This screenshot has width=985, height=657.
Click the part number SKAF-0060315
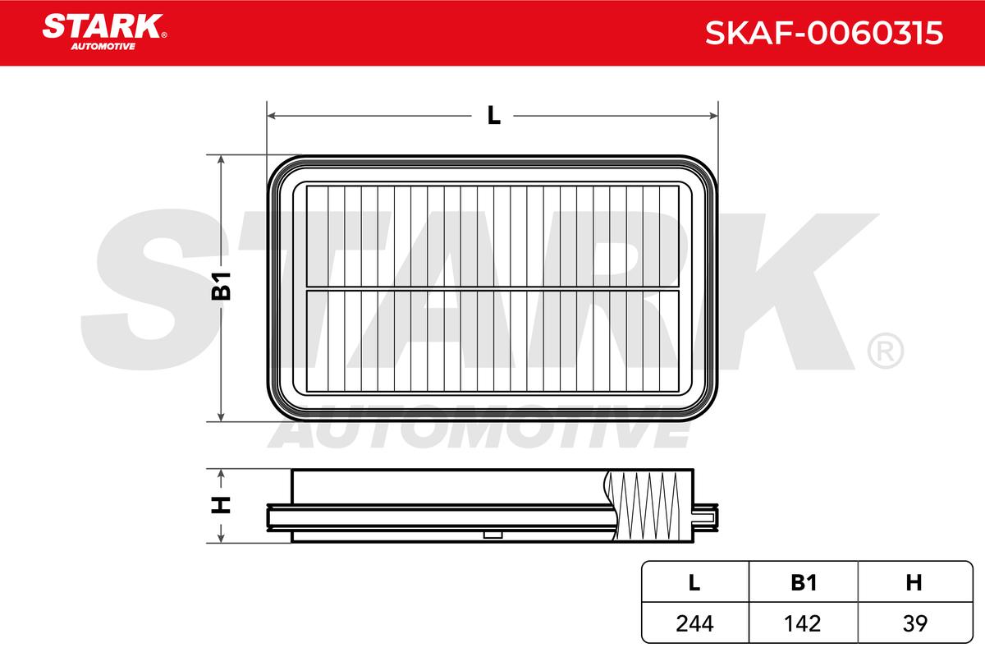[824, 33]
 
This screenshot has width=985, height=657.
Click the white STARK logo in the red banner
[103, 26]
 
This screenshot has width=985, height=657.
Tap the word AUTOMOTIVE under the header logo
[103, 47]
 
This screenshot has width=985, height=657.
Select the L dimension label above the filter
[494, 116]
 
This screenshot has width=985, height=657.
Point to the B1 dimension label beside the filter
[221, 287]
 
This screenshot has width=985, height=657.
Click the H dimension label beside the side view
[221, 505]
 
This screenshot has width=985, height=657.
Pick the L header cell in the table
[694, 582]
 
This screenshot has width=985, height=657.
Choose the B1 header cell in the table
[804, 582]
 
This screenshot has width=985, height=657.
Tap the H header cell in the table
[914, 582]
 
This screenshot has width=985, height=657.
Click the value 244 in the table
[694, 623]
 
